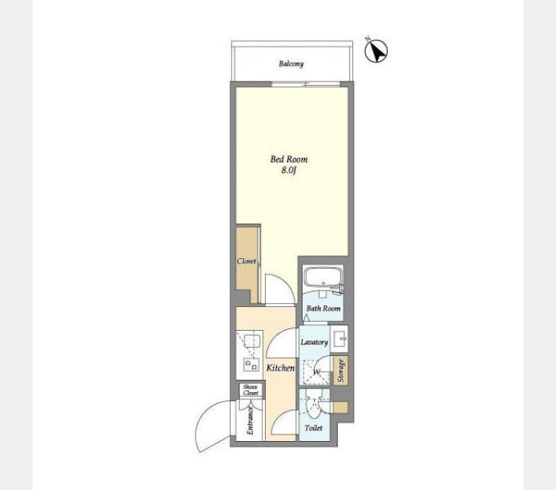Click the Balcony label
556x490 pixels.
click(291, 64)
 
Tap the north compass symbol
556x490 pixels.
click(376, 51)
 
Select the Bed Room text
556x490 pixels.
click(289, 159)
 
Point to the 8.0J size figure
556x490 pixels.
click(289, 170)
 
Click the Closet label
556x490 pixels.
click(246, 261)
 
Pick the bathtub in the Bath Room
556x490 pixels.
click(323, 276)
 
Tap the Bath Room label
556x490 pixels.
click(324, 309)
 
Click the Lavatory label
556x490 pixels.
click(314, 342)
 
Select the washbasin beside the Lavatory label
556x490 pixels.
click(339, 339)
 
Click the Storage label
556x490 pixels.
click(341, 371)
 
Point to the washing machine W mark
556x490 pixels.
click(317, 372)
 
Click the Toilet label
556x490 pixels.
click(313, 428)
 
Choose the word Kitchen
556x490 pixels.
click(280, 367)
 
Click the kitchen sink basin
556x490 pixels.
click(251, 341)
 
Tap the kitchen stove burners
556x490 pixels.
click(251, 365)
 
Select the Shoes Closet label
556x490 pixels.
click(251, 390)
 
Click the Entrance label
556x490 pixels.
click(250, 421)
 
